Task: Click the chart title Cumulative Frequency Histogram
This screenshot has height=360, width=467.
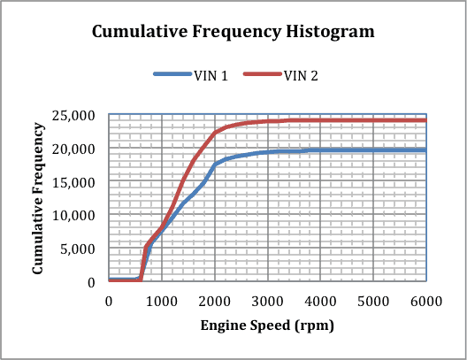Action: click(x=233, y=32)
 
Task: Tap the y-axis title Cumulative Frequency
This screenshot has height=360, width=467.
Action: click(x=40, y=197)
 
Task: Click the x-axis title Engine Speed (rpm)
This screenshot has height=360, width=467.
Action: click(x=267, y=326)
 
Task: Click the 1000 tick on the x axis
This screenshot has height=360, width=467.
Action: click(x=161, y=301)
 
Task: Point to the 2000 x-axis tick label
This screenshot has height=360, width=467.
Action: click(x=214, y=301)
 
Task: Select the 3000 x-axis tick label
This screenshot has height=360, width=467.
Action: click(x=267, y=301)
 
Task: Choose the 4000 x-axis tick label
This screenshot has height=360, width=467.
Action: click(x=320, y=301)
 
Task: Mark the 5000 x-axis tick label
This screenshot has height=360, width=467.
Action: click(x=373, y=301)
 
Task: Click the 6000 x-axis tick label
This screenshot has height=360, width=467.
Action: click(x=425, y=301)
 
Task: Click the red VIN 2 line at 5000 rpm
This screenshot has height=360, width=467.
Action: click(x=373, y=120)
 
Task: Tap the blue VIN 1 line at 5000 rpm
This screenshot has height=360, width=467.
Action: click(x=373, y=150)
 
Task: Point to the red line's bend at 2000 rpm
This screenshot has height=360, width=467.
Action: click(x=214, y=133)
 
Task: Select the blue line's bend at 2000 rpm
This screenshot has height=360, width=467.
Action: click(x=214, y=165)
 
